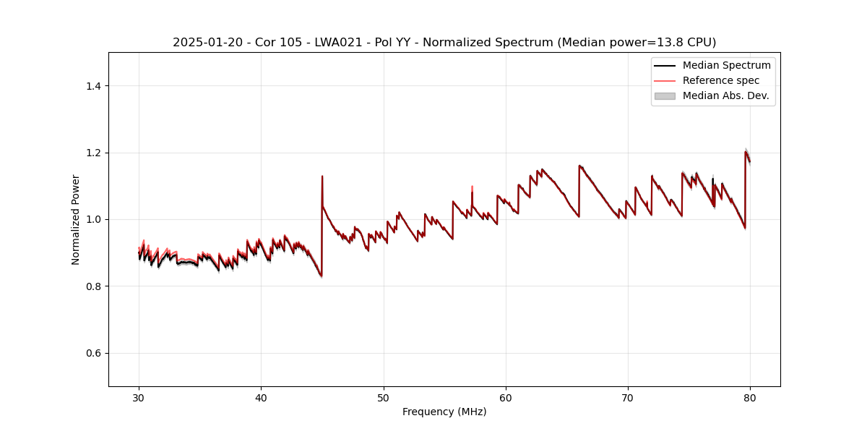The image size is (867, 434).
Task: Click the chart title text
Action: pos(444,43)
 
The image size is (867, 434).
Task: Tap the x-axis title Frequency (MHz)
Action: pos(444,412)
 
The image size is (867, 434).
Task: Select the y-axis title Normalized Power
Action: pos(76,219)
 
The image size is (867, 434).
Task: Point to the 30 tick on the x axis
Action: pos(139,397)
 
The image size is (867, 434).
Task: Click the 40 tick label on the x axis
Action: pos(261,397)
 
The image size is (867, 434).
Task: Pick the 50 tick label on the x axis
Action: pos(383,397)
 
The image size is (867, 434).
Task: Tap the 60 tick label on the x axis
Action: pos(506,397)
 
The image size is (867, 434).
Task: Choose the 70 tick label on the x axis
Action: pos(628,397)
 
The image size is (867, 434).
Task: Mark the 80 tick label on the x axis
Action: pos(750,397)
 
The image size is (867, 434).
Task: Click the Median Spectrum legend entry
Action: pos(726,65)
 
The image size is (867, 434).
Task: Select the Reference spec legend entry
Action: pos(720,80)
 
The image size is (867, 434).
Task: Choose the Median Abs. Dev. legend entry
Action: pos(725,95)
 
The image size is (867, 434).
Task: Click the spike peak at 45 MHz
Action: pos(322,176)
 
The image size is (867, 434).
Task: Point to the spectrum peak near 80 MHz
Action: pos(746,151)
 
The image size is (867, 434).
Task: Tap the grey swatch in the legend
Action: pos(665,95)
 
